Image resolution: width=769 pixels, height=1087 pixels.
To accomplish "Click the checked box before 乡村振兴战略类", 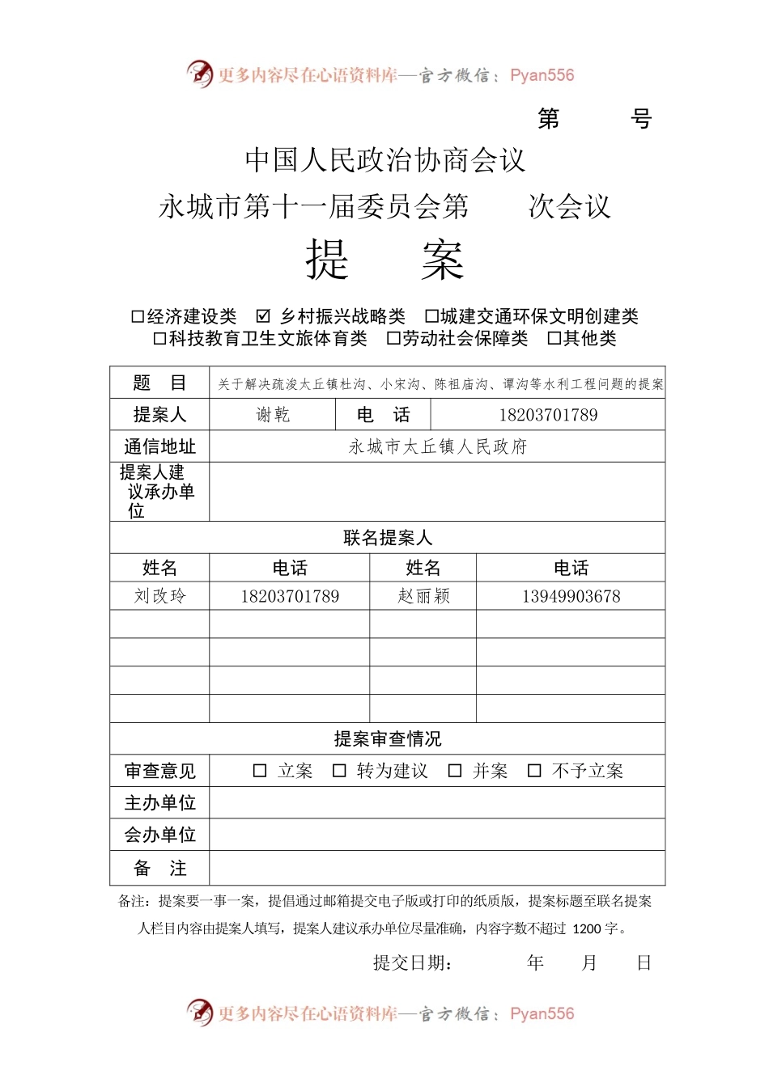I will tap(263, 316).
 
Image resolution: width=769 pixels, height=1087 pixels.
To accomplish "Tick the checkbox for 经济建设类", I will tap(138, 316).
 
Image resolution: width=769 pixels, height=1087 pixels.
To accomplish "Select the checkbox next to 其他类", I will tap(554, 338).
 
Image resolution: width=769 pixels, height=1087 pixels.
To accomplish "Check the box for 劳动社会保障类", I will tap(393, 338).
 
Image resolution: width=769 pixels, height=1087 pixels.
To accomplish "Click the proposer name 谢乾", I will tap(273, 415).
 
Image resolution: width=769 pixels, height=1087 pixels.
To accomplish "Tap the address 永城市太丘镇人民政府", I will tap(437, 446).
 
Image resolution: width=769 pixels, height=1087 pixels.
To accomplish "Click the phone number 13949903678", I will tap(571, 596).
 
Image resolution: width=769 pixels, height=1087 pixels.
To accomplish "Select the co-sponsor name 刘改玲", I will tap(159, 596).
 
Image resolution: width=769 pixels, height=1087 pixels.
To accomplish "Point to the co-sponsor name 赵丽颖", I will tap(423, 596).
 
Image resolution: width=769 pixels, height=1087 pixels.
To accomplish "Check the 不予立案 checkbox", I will tap(534, 771).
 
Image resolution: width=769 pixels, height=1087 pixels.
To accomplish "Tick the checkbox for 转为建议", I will tap(340, 771).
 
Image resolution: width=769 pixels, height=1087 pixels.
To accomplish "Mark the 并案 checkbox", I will tap(455, 771).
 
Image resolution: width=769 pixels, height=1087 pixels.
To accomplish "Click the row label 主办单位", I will tap(159, 802).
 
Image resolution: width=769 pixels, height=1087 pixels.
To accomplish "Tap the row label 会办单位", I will tap(159, 835).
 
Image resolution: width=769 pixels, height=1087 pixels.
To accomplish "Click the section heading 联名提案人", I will tap(387, 538).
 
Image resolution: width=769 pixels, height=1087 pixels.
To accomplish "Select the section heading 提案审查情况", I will tap(387, 738).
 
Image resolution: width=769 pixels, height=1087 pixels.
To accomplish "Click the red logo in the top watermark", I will tap(199, 74).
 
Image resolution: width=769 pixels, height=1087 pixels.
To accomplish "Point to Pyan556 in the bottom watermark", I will tap(542, 1013).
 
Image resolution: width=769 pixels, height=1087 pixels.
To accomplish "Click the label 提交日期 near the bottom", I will tap(412, 962).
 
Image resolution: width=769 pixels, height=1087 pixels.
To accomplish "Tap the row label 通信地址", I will tap(159, 446).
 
